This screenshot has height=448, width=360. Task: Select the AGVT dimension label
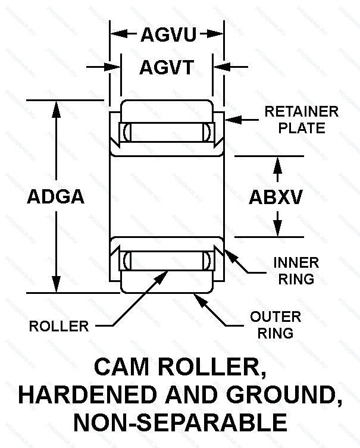point(167,68)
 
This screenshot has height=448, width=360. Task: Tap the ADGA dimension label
point(56,197)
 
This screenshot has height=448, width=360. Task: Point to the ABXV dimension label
point(276,197)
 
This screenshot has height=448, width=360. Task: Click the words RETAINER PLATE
point(301,119)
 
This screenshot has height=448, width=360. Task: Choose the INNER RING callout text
point(295,270)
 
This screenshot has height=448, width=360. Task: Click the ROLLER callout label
point(59,325)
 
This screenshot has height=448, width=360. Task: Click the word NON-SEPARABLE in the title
point(180,422)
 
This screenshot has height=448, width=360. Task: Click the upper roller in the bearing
point(166,131)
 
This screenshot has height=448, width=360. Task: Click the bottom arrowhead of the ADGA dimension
point(57,286)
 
